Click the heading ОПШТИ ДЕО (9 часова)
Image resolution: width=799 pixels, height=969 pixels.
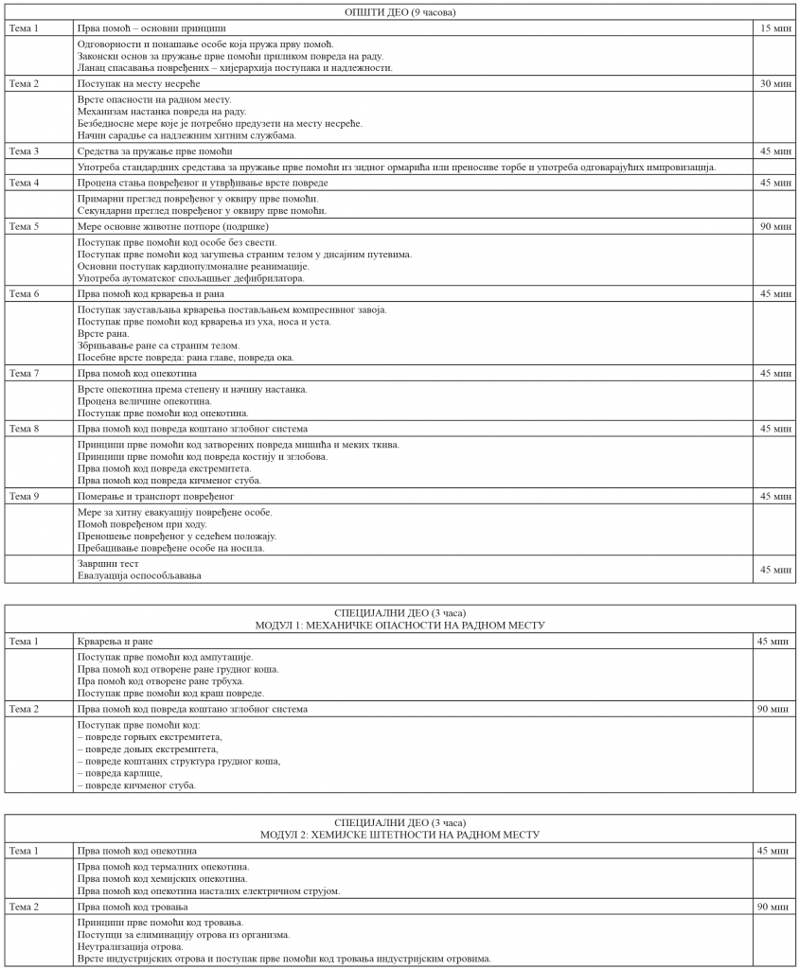[399, 12]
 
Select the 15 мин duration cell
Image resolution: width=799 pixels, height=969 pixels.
[775, 28]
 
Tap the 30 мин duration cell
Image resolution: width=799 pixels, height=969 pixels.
[775, 84]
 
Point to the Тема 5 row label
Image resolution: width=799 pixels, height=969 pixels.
[24, 227]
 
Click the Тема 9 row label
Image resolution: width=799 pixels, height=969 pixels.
[24, 496]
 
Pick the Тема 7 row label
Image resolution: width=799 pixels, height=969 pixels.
[24, 374]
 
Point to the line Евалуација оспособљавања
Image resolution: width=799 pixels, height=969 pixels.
[139, 576]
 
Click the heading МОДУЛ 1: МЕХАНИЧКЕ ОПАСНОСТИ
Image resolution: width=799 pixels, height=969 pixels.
[399, 625]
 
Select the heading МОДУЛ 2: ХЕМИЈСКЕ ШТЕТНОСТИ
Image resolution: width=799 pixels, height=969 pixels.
[399, 835]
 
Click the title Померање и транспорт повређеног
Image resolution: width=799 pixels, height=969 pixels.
[155, 496]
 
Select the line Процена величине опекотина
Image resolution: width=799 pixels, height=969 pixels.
[145, 401]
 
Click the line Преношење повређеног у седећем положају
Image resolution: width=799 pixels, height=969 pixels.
[176, 537]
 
